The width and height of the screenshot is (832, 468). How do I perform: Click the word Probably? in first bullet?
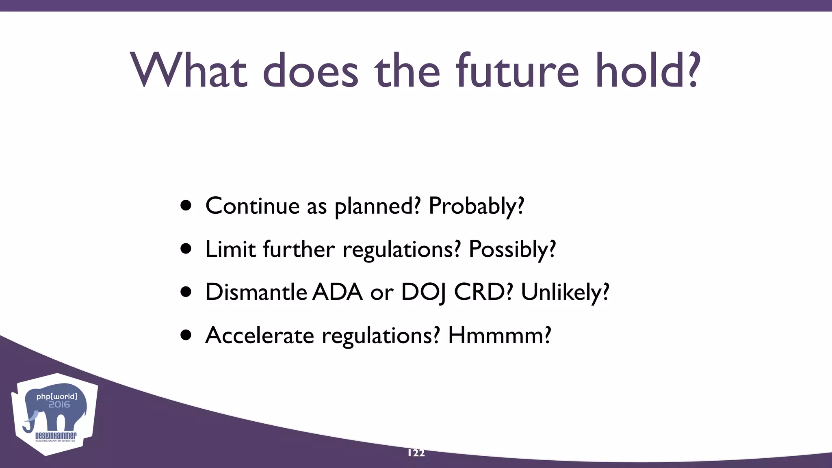click(476, 206)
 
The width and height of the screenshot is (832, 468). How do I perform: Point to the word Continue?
click(252, 206)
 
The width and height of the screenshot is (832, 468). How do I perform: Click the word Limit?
click(230, 249)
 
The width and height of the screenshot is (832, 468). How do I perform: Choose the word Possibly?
click(512, 249)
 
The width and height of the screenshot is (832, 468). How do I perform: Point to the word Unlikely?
click(565, 292)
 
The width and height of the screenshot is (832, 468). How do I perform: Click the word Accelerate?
click(260, 336)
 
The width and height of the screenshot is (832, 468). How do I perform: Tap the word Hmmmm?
click(499, 336)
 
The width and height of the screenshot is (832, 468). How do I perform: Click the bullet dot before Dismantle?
click(186, 292)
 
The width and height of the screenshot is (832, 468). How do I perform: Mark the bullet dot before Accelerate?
click(186, 336)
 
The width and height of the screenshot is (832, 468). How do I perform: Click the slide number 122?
click(416, 453)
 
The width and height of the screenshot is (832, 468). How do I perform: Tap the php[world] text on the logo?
click(56, 396)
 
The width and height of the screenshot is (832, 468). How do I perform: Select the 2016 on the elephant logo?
click(59, 405)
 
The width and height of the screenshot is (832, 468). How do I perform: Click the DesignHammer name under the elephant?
click(56, 436)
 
